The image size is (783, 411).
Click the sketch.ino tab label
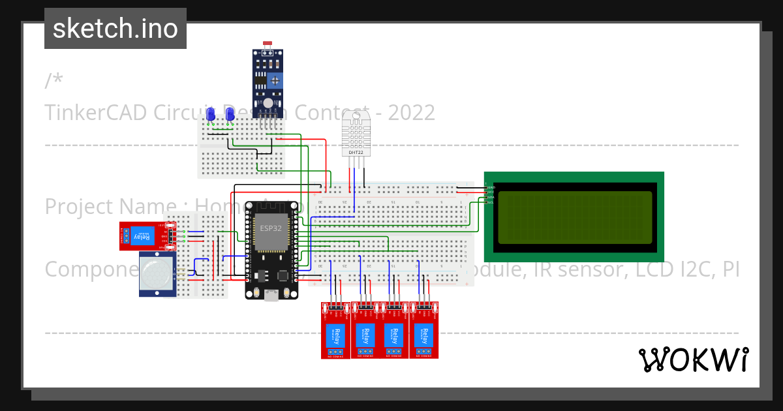[x=115, y=29]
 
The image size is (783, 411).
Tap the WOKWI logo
[x=693, y=359]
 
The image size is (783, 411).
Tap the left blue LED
[x=211, y=114]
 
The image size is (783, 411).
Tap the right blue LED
[x=230, y=114]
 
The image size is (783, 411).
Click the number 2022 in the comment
[x=411, y=113]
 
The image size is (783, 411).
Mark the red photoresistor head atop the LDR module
[x=268, y=44]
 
